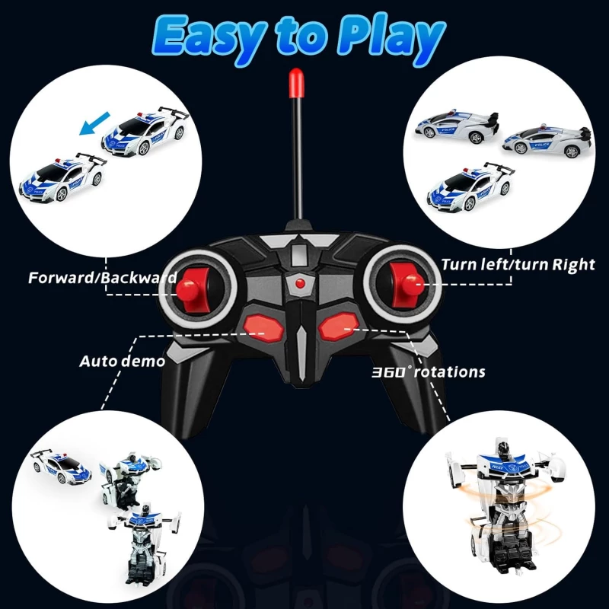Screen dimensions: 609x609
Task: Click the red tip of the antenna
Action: [296, 83]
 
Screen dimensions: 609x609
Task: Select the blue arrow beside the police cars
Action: [94, 123]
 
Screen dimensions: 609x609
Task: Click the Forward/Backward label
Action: [103, 278]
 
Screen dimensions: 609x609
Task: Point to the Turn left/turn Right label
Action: [518, 264]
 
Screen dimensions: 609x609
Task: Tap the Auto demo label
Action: [123, 362]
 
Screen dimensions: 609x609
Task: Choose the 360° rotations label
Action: [429, 372]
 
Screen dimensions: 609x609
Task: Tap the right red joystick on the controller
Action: [407, 283]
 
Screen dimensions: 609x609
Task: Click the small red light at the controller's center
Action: [299, 283]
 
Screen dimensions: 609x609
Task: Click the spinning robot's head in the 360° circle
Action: [503, 448]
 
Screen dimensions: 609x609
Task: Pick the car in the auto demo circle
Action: [61, 467]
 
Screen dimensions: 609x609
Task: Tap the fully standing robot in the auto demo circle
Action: [144, 543]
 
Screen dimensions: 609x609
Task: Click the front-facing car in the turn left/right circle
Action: [470, 187]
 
